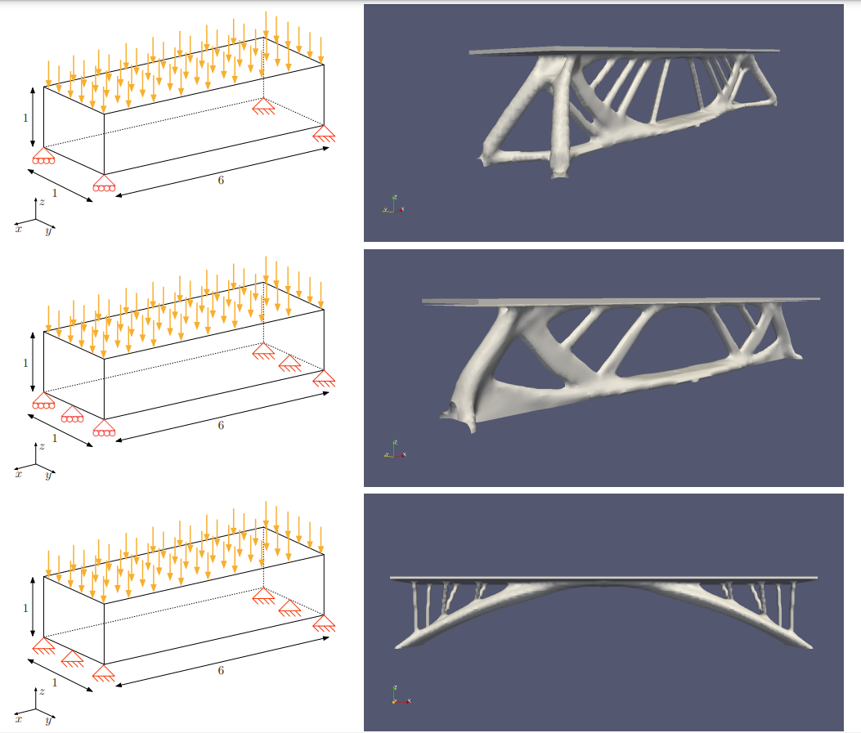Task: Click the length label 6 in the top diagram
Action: pos(220,180)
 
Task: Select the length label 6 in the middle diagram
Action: pos(220,425)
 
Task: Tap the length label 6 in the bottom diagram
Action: pos(220,670)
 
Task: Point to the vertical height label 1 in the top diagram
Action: pos(25,118)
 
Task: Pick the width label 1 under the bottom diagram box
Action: pos(55,682)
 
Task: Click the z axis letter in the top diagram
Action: pos(42,201)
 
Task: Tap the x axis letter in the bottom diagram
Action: pos(18,720)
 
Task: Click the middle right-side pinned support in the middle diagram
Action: pos(289,363)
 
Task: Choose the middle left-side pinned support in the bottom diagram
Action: pos(73,658)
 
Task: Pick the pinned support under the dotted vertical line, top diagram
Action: pos(263,105)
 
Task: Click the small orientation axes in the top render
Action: pos(392,206)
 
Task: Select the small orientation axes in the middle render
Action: pos(394,451)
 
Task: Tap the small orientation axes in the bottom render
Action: pos(396,696)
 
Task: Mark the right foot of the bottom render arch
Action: pos(805,646)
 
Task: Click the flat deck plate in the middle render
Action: pos(621,301)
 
